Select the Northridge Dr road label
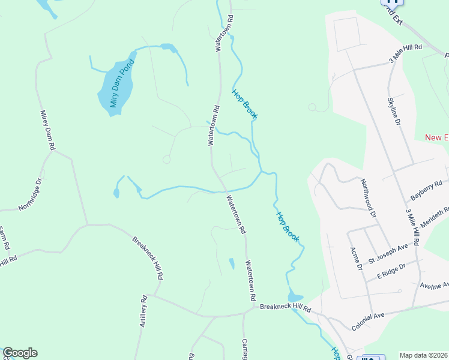[30, 194]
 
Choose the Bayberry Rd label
[426, 190]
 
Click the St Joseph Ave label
[388, 253]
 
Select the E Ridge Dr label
[391, 271]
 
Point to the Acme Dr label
[357, 258]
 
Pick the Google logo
[20, 353]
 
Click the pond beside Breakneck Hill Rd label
[295, 296]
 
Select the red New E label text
[436, 137]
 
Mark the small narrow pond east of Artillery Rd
[232, 263]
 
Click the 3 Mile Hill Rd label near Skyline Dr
[406, 55]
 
